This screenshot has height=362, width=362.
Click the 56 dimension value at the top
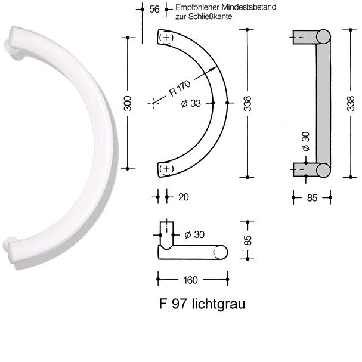click(x=154, y=9)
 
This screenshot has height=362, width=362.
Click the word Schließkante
click(x=210, y=17)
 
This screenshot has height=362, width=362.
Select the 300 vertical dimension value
click(x=128, y=103)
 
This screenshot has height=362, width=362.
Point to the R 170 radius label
click(x=180, y=88)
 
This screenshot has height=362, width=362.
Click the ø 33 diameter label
click(x=191, y=103)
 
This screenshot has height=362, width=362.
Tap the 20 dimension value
click(x=184, y=197)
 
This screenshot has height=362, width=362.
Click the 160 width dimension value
click(x=191, y=280)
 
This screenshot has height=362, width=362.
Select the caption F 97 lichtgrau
click(x=202, y=304)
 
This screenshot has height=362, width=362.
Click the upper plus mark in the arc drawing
click(x=166, y=37)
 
